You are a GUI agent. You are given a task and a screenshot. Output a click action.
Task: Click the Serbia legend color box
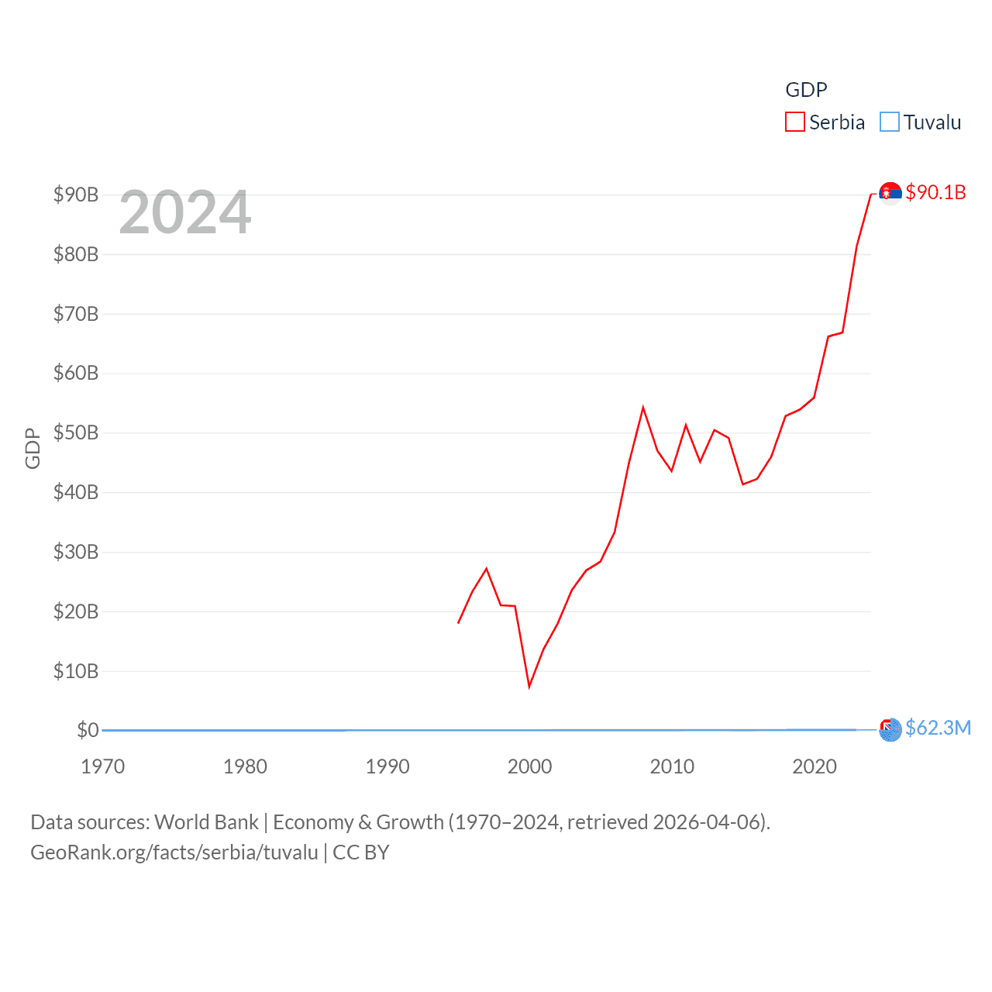coord(795,122)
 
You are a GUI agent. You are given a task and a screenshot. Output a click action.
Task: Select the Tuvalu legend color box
coord(890,122)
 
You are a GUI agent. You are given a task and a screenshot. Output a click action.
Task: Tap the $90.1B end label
coord(935,192)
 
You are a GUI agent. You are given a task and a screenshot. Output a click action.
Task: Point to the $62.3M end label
coord(938,728)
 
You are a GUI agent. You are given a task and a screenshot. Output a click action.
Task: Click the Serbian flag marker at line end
coord(890,192)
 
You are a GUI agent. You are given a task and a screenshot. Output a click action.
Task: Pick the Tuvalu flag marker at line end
coord(890,729)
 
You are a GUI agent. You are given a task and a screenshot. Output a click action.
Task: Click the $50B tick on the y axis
coord(76,432)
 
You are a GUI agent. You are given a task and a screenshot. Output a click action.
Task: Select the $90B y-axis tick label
coord(76,195)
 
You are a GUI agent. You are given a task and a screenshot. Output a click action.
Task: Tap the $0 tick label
coord(88,730)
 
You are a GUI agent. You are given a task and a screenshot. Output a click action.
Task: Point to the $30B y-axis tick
coord(76,552)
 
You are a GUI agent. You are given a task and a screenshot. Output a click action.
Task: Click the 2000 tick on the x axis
coord(530,766)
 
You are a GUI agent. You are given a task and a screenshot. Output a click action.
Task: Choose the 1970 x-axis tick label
coord(103,766)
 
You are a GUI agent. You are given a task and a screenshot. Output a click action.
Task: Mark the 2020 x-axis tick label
coord(815,766)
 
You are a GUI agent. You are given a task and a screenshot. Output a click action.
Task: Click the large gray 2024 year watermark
coord(185,212)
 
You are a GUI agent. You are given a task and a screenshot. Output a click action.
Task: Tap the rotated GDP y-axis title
coord(33,448)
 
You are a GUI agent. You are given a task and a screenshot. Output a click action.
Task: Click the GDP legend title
coord(806,90)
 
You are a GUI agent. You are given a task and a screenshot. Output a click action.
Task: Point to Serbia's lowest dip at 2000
coord(529,686)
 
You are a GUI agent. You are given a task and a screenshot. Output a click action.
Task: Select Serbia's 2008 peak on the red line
coord(643,408)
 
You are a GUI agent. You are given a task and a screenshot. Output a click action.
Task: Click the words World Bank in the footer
coord(207,822)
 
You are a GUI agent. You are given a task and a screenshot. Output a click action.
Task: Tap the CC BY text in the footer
coord(361,852)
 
